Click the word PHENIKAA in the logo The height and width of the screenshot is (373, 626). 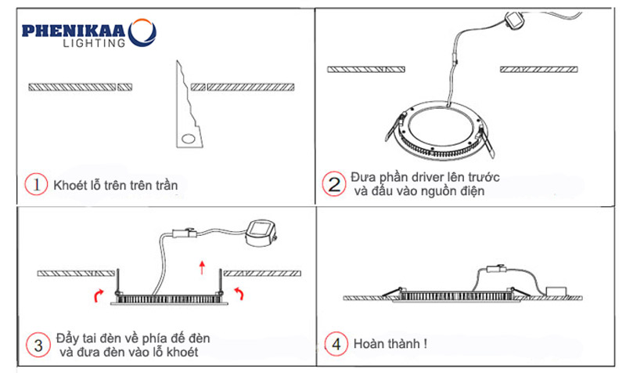click(x=76, y=31)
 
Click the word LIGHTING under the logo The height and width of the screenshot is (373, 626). click(x=92, y=44)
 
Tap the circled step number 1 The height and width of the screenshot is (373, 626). click(x=36, y=185)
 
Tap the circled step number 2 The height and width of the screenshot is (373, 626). click(x=334, y=184)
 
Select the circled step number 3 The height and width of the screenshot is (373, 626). click(x=36, y=345)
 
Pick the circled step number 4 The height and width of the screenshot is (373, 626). click(x=335, y=343)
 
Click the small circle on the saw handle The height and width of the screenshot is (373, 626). click(x=188, y=139)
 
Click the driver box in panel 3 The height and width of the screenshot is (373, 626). click(x=260, y=231)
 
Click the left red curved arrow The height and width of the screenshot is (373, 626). click(x=99, y=294)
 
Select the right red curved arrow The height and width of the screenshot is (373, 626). click(x=241, y=292)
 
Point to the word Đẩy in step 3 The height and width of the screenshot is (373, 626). click(x=67, y=338)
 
